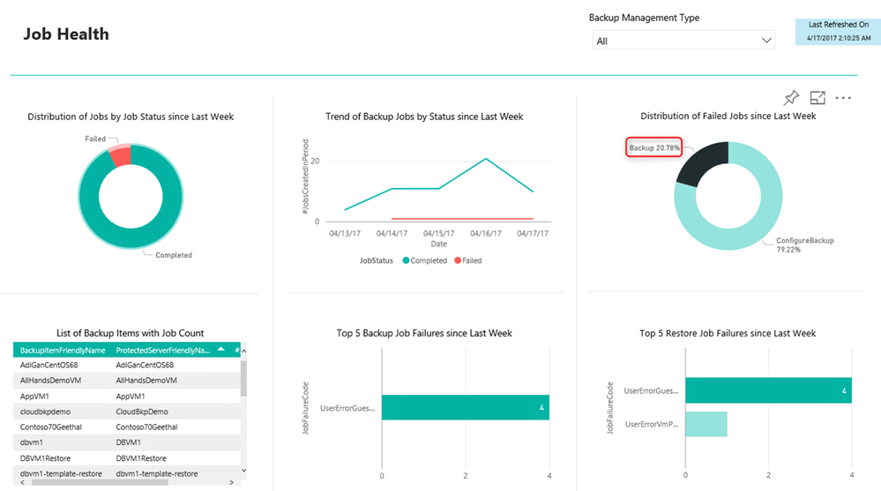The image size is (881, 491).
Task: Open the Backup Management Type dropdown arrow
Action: click(x=765, y=41)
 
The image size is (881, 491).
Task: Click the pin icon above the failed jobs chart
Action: click(x=791, y=98)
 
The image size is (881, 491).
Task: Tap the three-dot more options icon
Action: click(x=843, y=98)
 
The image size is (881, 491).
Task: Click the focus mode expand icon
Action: click(x=818, y=98)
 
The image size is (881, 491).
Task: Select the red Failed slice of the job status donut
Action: click(x=120, y=155)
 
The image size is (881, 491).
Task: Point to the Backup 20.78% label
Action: click(x=653, y=147)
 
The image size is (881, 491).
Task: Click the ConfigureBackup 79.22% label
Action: click(x=804, y=245)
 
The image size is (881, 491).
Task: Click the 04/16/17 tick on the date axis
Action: click(x=486, y=233)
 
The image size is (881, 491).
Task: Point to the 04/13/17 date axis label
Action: click(x=345, y=233)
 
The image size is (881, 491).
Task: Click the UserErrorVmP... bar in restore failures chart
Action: click(x=706, y=424)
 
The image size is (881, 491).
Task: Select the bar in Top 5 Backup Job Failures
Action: click(x=465, y=407)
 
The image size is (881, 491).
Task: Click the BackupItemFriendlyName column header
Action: click(x=63, y=351)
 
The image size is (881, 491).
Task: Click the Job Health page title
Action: click(x=66, y=34)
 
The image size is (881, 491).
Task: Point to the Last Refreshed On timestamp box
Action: click(x=838, y=32)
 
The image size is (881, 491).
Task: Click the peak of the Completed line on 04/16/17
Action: click(x=486, y=159)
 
